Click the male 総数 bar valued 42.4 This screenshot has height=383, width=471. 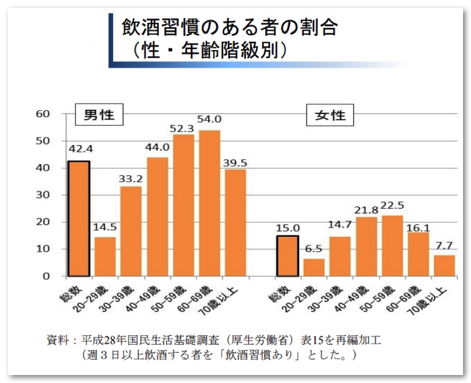pyautogui.click(x=79, y=219)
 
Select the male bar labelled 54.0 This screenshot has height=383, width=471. pyautogui.click(x=209, y=203)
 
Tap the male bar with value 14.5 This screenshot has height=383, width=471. pyautogui.click(x=105, y=256)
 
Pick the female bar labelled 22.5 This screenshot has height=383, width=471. pyautogui.click(x=392, y=245)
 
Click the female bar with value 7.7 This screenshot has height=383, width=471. pyautogui.click(x=444, y=265)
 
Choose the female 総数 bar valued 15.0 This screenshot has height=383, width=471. pyautogui.click(x=287, y=256)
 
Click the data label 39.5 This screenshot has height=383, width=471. pyautogui.click(x=235, y=163)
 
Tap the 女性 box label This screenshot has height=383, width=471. pyautogui.click(x=330, y=116)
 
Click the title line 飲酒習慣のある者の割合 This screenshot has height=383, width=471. pyautogui.click(x=229, y=26)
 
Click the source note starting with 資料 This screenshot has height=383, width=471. pyautogui.click(x=213, y=340)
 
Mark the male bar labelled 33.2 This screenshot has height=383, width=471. pyautogui.click(x=131, y=231)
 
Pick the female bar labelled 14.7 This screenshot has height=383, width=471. pyautogui.click(x=340, y=256)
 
